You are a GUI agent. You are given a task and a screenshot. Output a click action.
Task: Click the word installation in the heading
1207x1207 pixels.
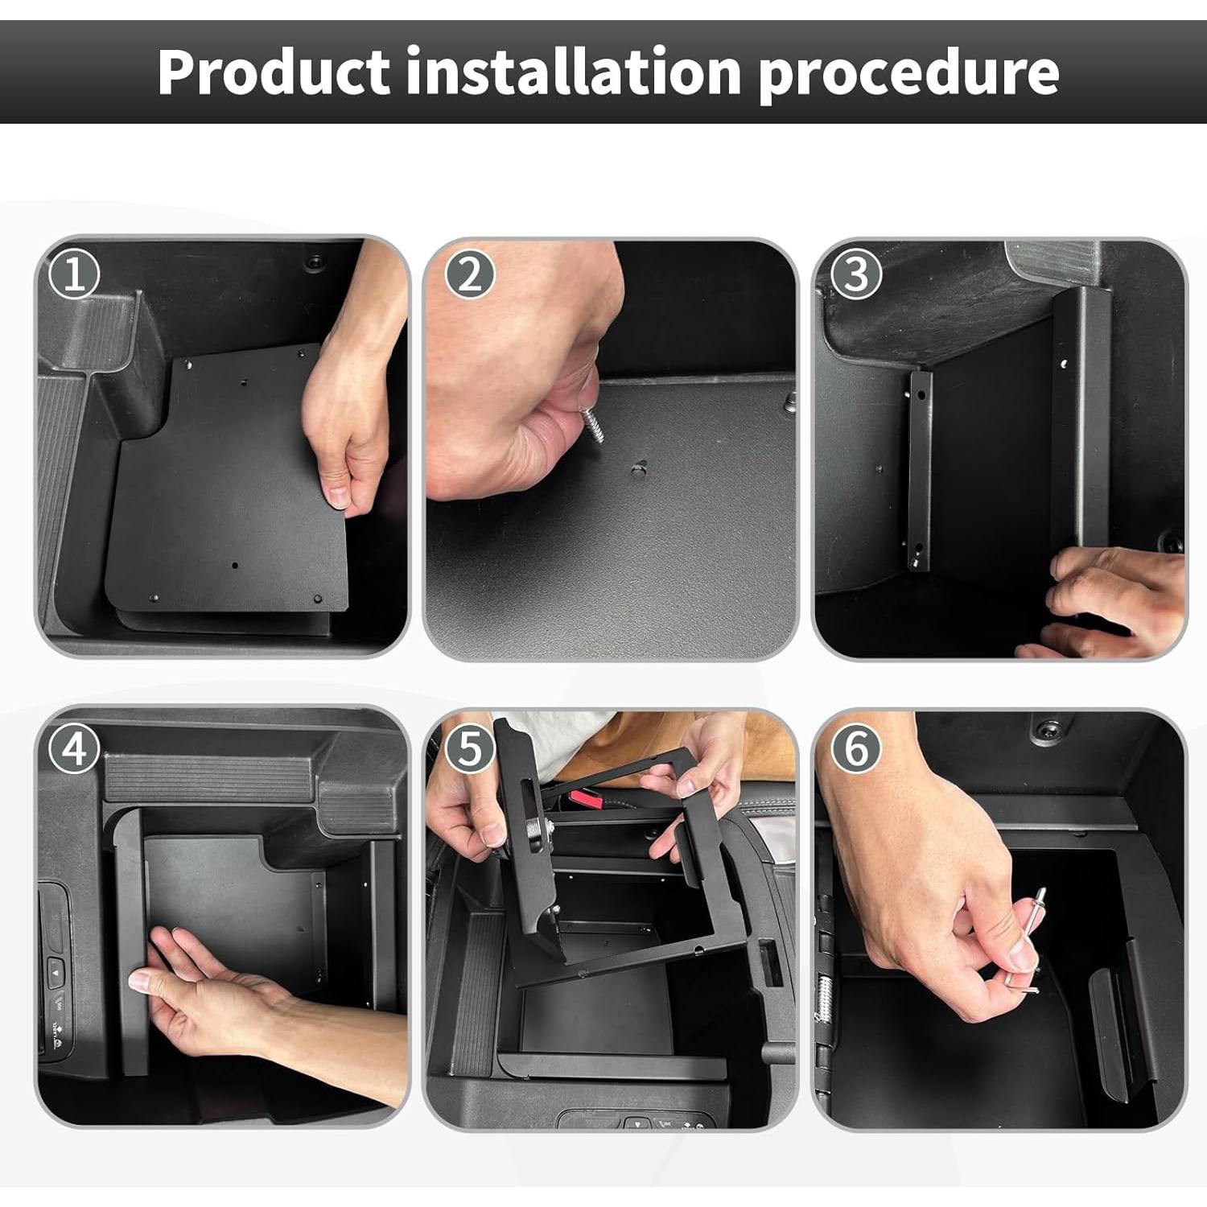(x=573, y=72)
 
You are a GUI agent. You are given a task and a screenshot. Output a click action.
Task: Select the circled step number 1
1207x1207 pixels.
(x=74, y=274)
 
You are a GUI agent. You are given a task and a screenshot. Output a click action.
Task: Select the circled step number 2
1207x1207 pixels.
(x=469, y=274)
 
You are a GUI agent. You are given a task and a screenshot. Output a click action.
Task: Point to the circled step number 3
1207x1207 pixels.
(x=856, y=274)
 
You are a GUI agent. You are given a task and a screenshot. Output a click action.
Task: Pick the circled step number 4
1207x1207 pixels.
(x=74, y=749)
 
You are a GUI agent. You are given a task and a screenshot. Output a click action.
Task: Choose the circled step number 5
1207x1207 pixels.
(x=469, y=749)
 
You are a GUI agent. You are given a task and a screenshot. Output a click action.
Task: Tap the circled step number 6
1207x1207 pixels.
(x=856, y=749)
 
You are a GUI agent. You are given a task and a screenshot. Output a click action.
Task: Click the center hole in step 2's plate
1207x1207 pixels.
(x=639, y=468)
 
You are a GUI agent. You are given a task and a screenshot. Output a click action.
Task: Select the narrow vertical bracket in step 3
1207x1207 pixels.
(x=920, y=471)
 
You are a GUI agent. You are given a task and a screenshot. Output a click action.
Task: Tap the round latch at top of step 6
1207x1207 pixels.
(x=1047, y=731)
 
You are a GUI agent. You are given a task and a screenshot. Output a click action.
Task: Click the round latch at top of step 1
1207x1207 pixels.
(x=315, y=262)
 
